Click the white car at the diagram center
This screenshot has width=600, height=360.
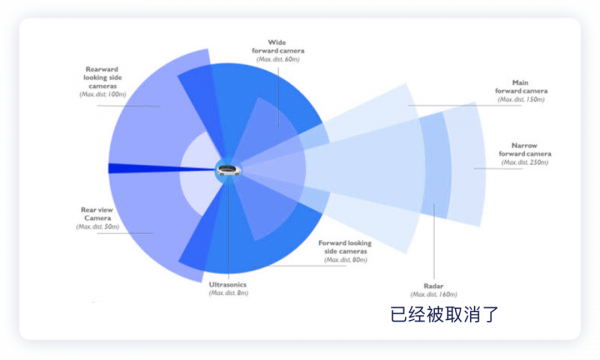click(229, 170)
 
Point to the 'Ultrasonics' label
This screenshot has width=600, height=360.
click(228, 284)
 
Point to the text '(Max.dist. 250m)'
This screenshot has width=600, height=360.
click(525, 163)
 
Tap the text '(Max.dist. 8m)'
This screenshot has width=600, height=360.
click(228, 293)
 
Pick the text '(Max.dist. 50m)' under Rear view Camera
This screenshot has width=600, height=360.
click(97, 227)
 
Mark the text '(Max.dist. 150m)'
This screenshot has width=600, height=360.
click(521, 99)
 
